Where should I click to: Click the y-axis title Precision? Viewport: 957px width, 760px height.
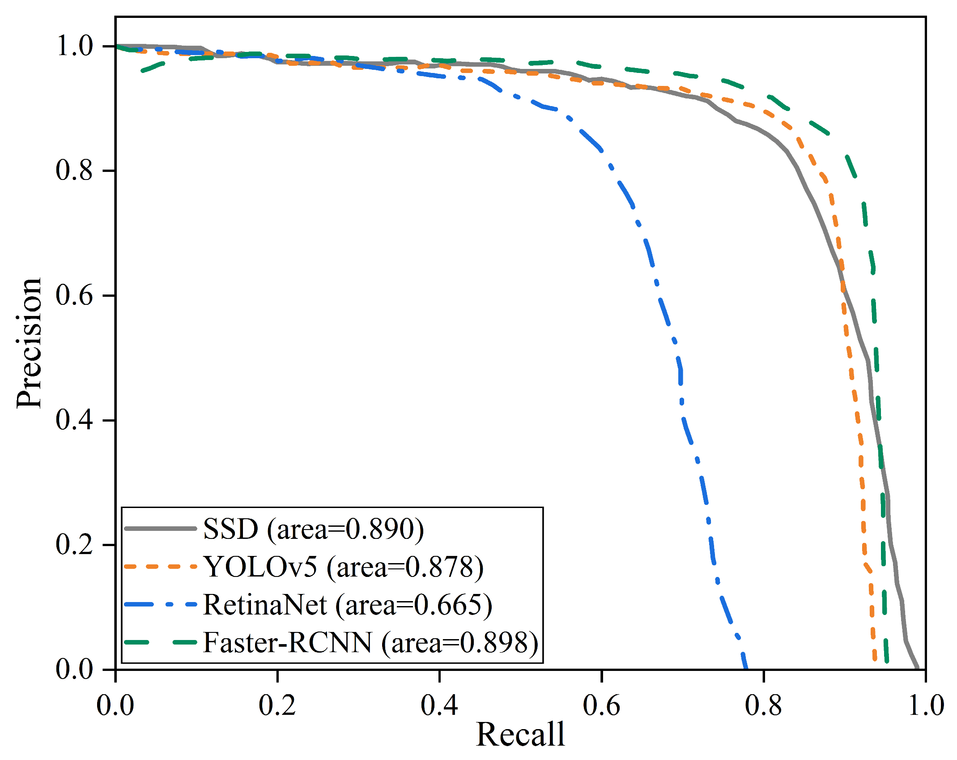click(x=29, y=343)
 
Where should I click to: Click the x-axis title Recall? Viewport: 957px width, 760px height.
click(x=520, y=734)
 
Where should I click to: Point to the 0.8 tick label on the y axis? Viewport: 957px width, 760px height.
click(x=74, y=171)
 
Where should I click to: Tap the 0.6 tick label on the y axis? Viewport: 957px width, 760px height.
click(x=74, y=295)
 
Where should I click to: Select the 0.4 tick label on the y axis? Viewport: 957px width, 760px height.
click(x=74, y=420)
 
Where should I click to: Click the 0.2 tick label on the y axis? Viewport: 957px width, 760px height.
click(x=74, y=545)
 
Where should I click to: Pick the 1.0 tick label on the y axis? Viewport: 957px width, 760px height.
click(x=74, y=46)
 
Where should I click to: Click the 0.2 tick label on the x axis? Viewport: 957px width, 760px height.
click(x=277, y=705)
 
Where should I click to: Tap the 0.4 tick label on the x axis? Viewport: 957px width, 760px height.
click(x=439, y=705)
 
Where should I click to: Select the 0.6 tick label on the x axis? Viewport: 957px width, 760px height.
click(x=601, y=705)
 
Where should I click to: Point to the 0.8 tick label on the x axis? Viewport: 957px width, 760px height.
click(x=763, y=705)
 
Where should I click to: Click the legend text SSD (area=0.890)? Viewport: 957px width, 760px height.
click(x=313, y=529)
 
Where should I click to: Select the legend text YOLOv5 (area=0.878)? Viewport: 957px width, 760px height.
click(x=343, y=567)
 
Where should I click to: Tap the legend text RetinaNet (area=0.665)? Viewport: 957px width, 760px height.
click(x=348, y=605)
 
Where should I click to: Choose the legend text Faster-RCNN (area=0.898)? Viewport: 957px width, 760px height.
click(x=370, y=643)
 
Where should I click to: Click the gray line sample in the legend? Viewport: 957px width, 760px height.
click(x=160, y=529)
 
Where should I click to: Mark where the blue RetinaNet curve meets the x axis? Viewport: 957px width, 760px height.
click(x=745, y=668)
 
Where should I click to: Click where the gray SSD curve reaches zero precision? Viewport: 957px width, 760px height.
click(x=918, y=668)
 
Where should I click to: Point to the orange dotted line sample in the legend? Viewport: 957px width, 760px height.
click(x=160, y=567)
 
